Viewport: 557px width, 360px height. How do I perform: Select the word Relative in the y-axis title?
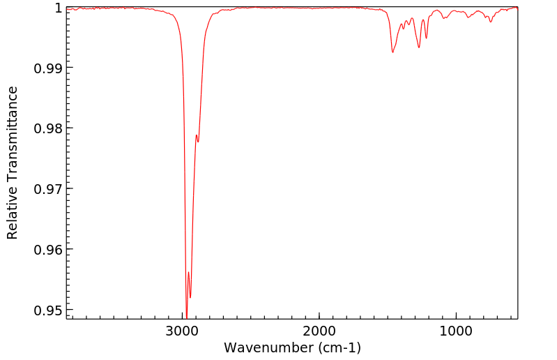(x=13, y=215)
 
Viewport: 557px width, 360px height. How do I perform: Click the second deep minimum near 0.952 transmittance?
(x=190, y=298)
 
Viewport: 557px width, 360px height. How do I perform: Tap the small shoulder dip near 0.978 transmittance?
(x=198, y=142)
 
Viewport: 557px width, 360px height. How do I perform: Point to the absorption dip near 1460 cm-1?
(x=393, y=52)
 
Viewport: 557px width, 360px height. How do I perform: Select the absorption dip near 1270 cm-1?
(x=419, y=47)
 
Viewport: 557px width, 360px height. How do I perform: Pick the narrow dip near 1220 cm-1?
(x=426, y=38)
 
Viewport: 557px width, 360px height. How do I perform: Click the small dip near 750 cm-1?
(x=491, y=22)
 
